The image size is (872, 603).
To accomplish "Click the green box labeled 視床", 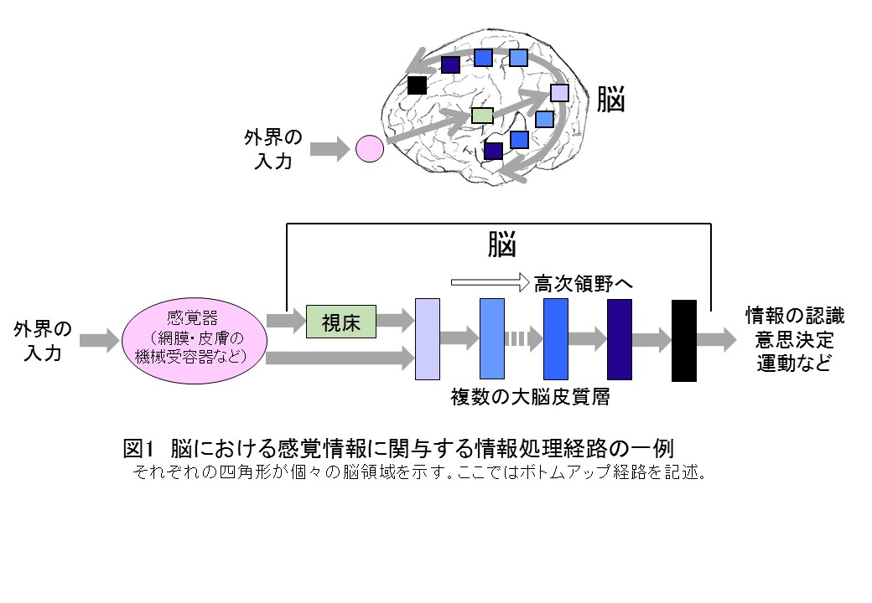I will [x=341, y=322].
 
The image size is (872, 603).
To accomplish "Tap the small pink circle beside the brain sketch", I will [x=370, y=149].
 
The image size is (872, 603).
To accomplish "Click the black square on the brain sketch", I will [x=417, y=85].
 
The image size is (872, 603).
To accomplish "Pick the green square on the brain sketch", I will [x=482, y=116].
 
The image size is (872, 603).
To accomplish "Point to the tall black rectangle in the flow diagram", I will [x=684, y=340].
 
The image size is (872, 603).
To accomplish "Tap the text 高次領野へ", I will [x=583, y=283].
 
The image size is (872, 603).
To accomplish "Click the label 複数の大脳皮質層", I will [x=529, y=398].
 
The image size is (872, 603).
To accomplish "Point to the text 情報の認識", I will [x=795, y=316].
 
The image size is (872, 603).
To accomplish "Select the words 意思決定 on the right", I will [x=795, y=340].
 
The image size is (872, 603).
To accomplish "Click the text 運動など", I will [x=795, y=364].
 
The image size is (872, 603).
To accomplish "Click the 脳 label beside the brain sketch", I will [x=610, y=100].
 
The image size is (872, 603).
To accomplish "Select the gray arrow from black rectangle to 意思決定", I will [x=716, y=340].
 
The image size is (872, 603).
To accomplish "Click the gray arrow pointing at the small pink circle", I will [x=330, y=150].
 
